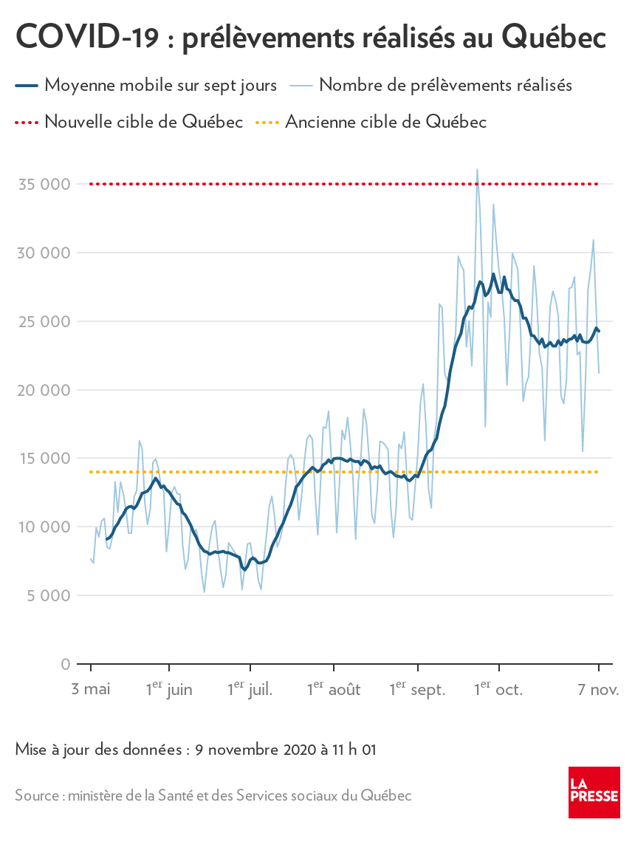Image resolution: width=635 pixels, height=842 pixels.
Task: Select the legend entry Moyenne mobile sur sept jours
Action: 160,85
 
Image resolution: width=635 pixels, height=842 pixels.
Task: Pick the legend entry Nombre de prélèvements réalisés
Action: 446,85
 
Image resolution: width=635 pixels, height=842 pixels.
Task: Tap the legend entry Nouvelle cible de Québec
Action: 143,121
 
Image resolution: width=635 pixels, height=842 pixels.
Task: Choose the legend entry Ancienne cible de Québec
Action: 385,121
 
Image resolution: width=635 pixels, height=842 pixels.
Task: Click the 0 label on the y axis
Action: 66,664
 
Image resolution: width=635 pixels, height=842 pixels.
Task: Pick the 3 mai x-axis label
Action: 91,690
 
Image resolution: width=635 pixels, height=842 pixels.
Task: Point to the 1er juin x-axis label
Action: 169,690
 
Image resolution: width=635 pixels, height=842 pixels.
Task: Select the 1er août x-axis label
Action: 334,690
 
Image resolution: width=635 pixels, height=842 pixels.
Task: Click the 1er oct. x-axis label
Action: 498,690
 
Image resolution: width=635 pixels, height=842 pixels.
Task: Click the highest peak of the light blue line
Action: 477,170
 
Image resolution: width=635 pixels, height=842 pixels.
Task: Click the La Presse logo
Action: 594,792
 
